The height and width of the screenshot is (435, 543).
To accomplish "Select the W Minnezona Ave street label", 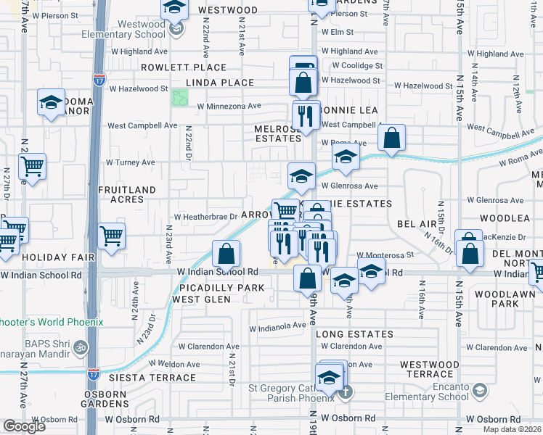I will click(x=229, y=106).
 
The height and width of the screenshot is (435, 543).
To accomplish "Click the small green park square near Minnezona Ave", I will click(x=179, y=97).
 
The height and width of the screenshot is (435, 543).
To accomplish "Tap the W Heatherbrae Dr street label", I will click(x=205, y=216).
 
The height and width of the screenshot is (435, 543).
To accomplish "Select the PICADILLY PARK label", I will click(x=213, y=288).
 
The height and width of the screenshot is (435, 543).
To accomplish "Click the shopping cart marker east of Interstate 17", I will click(x=111, y=236).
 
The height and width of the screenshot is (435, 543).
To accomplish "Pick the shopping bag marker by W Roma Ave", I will click(x=391, y=138).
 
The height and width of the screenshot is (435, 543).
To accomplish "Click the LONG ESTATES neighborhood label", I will click(x=354, y=334).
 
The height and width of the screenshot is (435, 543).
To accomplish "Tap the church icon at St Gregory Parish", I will click(x=346, y=392).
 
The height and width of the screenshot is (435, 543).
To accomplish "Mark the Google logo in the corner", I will click(x=24, y=426).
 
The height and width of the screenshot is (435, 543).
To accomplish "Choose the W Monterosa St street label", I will click(x=385, y=255).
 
